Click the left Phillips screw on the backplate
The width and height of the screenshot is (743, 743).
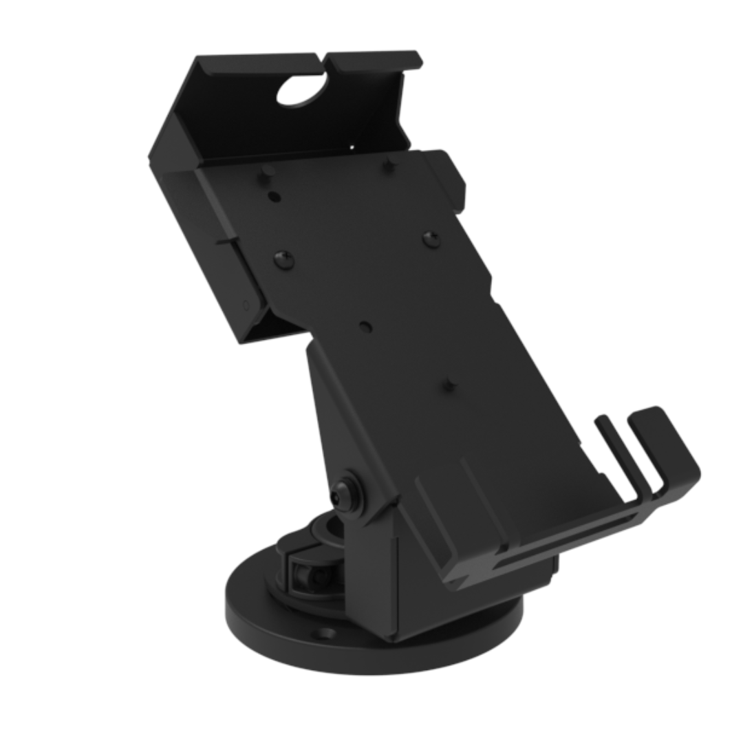(x=283, y=259)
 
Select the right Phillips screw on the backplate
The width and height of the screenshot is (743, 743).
(x=431, y=239)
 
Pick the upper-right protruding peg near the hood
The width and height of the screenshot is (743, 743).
(x=389, y=164)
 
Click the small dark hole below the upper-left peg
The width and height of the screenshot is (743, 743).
(x=274, y=197)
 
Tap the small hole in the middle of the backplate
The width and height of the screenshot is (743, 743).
(x=366, y=327)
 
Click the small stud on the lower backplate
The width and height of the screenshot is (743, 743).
(x=449, y=383)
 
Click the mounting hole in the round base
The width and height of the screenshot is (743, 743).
(x=325, y=633)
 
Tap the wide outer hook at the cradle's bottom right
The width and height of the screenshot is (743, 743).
(x=667, y=447)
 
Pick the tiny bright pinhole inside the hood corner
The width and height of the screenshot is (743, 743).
(x=352, y=147)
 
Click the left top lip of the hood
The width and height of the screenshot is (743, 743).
(x=255, y=63)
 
